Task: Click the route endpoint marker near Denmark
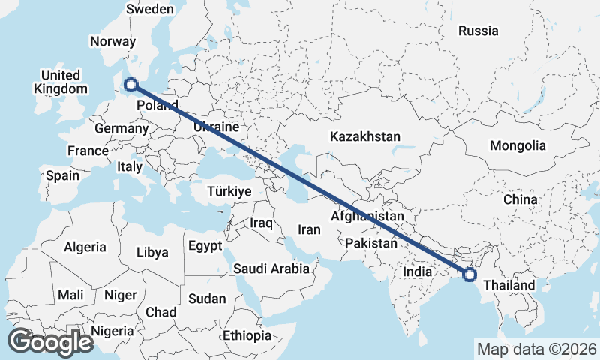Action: pyautogui.click(x=131, y=85)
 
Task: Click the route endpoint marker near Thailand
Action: pyautogui.click(x=469, y=274)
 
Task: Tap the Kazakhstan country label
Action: pyautogui.click(x=365, y=136)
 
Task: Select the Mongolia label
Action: pyautogui.click(x=517, y=145)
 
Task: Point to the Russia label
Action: pyautogui.click(x=478, y=31)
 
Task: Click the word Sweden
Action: pyautogui.click(x=149, y=10)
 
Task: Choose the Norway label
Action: pyautogui.click(x=112, y=42)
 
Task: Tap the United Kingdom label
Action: pyautogui.click(x=61, y=82)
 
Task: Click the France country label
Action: pyautogui.click(x=88, y=151)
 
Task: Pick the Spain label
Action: pyautogui.click(x=62, y=175)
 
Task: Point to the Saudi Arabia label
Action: pyautogui.click(x=271, y=268)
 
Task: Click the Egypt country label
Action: pyautogui.click(x=205, y=245)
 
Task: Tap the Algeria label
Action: pyautogui.click(x=85, y=247)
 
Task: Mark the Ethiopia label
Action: pyautogui.click(x=247, y=335)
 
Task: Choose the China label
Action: pyautogui.click(x=520, y=200)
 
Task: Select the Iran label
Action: pyautogui.click(x=309, y=229)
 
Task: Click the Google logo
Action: pyautogui.click(x=50, y=341)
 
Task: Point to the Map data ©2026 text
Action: pyautogui.click(x=536, y=349)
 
